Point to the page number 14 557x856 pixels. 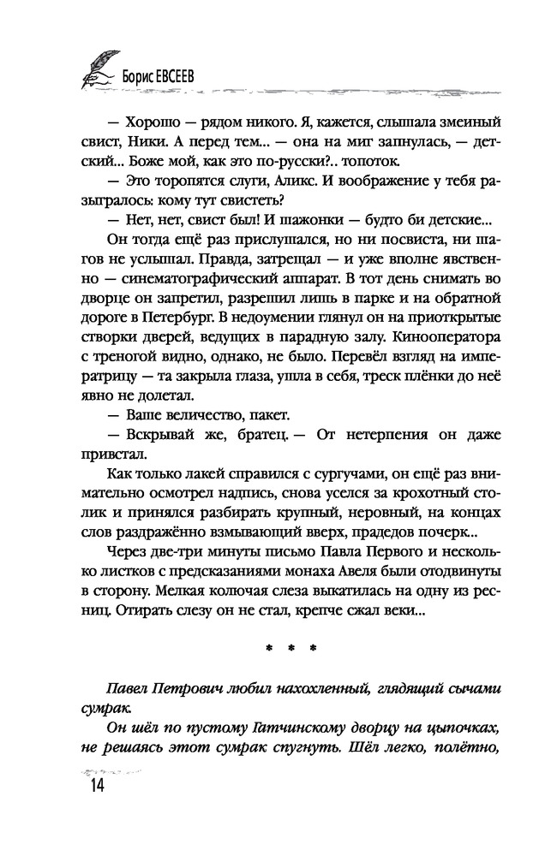92,786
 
